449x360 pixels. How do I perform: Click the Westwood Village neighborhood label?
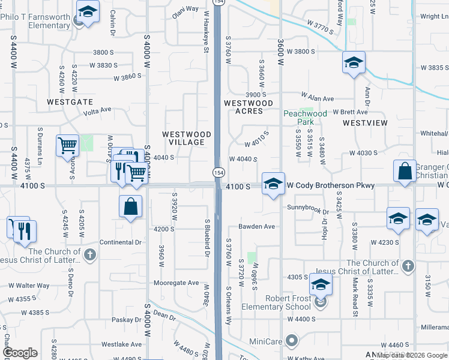(x=187, y=138)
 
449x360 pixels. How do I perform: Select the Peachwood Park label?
(x=305, y=117)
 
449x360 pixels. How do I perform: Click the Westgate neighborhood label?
(x=70, y=103)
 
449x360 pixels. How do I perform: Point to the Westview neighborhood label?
(x=365, y=122)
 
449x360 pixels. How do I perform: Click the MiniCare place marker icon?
(x=292, y=341)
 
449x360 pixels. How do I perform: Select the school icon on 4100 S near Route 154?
(x=273, y=184)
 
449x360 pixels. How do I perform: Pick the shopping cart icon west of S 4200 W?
(x=67, y=145)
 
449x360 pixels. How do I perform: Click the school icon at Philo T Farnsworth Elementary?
(x=88, y=11)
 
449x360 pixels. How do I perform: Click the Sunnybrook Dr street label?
(x=308, y=212)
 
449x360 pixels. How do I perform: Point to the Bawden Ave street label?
(x=256, y=227)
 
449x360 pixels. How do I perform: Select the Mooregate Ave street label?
(x=176, y=283)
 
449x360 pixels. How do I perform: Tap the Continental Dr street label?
(x=121, y=242)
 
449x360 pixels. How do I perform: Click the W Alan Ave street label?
(x=318, y=97)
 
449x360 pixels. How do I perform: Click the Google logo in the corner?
(x=20, y=353)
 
